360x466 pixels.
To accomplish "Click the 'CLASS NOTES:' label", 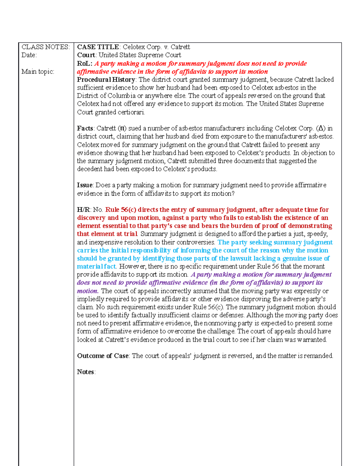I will [x=45, y=47].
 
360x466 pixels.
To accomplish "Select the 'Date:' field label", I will [x=29, y=55].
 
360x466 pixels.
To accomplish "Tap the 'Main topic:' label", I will [x=38, y=71].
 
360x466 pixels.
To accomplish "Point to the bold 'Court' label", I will [x=86, y=55].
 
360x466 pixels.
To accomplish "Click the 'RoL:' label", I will [x=85, y=64].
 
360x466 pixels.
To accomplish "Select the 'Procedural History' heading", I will [x=106, y=80].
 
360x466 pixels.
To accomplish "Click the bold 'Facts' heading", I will [x=85, y=128].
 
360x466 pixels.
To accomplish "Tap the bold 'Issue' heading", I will [x=85, y=185].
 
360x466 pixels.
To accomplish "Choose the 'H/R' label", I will [x=83, y=210].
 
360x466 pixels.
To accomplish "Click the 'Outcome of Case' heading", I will [x=103, y=356].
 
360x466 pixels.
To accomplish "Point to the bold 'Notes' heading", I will [x=85, y=372].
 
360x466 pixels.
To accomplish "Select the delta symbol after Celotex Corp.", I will [x=321, y=128].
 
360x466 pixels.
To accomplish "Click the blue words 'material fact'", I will [x=96, y=266].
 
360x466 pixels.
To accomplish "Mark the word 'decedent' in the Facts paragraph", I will [x=89, y=169].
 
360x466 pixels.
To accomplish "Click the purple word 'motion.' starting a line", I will [x=88, y=291].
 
